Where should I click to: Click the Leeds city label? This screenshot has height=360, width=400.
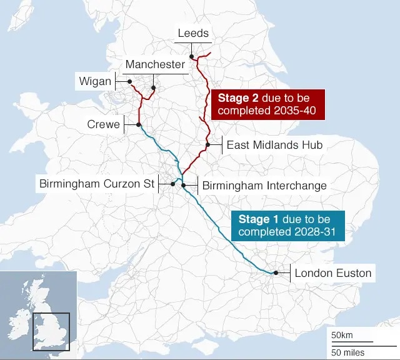tap(193, 33)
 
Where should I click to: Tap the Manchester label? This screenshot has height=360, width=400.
tap(155, 64)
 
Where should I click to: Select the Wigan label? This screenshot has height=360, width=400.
tap(95, 81)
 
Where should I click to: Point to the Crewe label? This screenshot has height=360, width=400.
tap(103, 125)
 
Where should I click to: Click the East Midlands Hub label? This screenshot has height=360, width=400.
tap(274, 145)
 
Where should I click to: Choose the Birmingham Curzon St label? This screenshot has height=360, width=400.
tap(96, 184)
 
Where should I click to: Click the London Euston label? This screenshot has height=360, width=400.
tap(332, 273)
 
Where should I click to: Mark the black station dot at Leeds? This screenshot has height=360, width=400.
tap(192, 57)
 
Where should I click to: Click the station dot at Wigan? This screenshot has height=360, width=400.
tap(129, 81)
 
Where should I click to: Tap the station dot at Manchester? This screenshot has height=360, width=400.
tap(153, 88)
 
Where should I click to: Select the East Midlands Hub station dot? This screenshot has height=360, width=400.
tap(207, 145)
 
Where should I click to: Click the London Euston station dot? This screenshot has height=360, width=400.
tap(274, 273)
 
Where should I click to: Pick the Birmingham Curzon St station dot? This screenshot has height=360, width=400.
tap(172, 184)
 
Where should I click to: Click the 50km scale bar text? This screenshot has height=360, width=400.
tap(342, 335)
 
